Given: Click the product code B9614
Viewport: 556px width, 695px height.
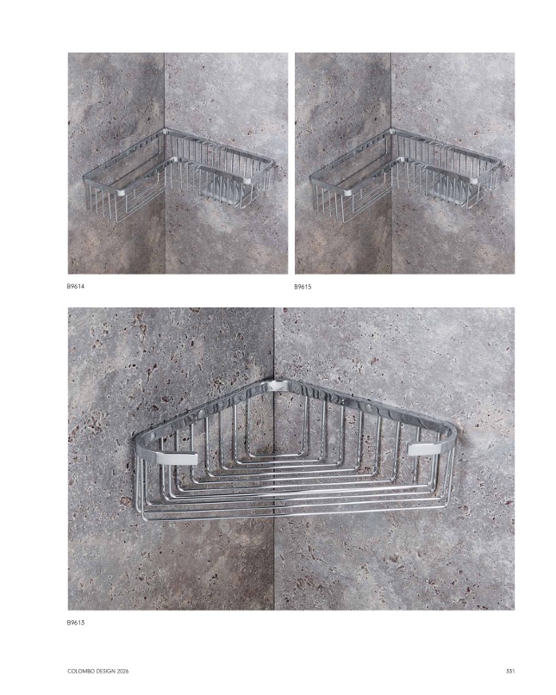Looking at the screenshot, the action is pyautogui.click(x=76, y=286).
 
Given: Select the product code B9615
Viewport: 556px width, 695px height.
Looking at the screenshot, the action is pyautogui.click(x=303, y=287).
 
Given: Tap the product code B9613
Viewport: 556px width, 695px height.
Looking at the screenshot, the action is pyautogui.click(x=76, y=623).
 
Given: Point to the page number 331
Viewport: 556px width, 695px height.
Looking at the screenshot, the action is pyautogui.click(x=510, y=672).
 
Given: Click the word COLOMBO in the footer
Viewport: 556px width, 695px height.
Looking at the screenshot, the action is pyautogui.click(x=78, y=672).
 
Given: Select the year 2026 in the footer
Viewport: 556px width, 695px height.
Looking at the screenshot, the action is pyautogui.click(x=122, y=672).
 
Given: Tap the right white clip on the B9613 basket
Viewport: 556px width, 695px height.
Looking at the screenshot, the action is pyautogui.click(x=425, y=449).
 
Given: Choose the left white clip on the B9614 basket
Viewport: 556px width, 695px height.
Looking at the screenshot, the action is pyautogui.click(x=122, y=193).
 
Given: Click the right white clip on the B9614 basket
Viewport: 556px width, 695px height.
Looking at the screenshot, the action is pyautogui.click(x=247, y=181).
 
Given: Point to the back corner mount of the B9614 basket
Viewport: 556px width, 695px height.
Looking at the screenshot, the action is pyautogui.click(x=165, y=131).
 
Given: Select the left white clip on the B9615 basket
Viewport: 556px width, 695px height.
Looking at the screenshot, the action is pyautogui.click(x=350, y=193).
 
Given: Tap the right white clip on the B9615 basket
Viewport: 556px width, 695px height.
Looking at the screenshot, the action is pyautogui.click(x=474, y=180).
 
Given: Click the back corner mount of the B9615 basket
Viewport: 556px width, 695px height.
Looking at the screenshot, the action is pyautogui.click(x=392, y=131).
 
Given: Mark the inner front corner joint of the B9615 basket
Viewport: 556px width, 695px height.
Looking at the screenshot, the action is pyautogui.click(x=403, y=159).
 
